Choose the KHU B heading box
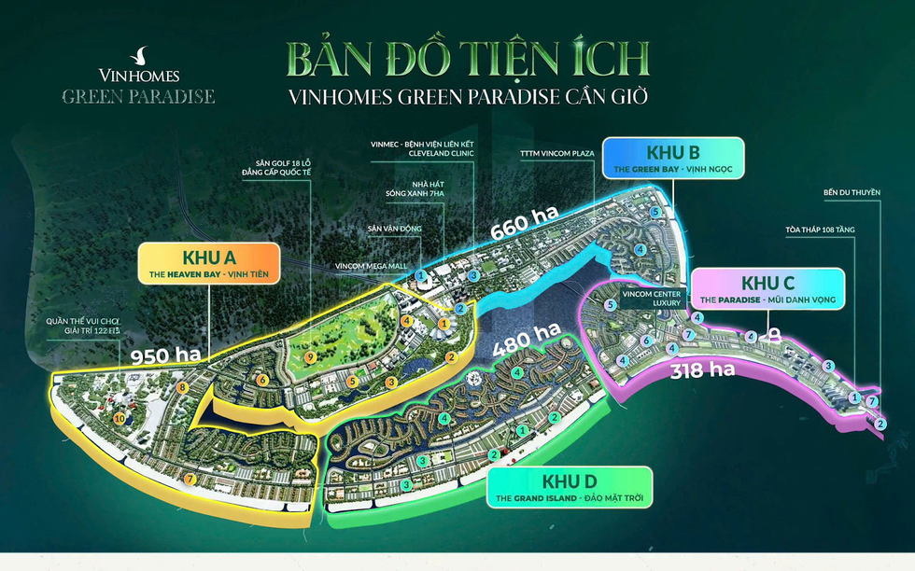pos(672,160)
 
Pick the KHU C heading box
pos(767,289)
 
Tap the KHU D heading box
pos(569,487)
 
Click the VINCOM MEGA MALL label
pos(372,266)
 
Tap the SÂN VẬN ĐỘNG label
pos(394,227)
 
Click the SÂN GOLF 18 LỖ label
pos(275,167)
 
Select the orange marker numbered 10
pos(119,419)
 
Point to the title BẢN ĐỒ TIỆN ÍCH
pos(468,59)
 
